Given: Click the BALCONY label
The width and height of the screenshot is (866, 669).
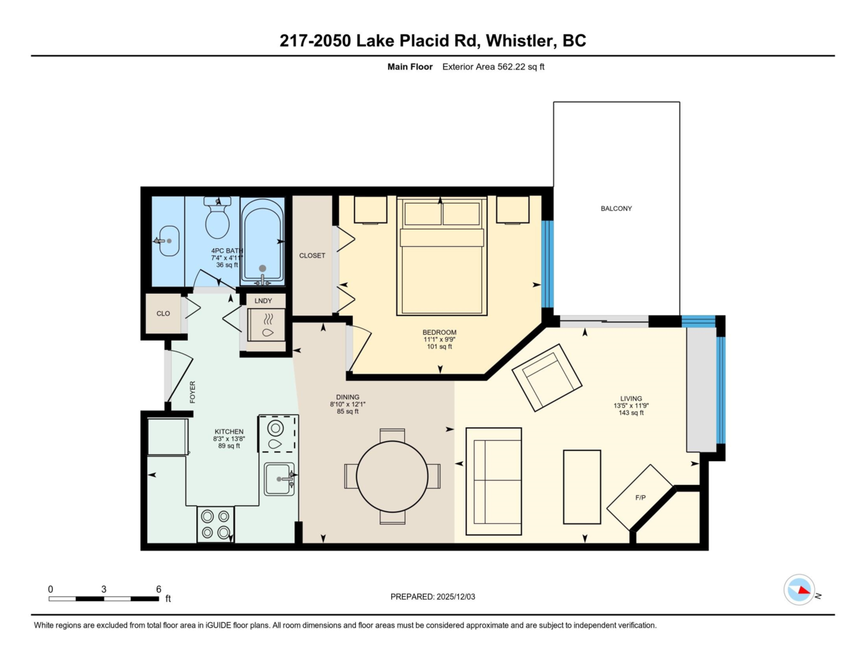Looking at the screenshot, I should point(616,209).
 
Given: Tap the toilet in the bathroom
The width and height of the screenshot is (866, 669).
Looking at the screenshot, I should point(216,220).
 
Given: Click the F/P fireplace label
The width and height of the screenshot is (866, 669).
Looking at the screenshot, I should point(639,498).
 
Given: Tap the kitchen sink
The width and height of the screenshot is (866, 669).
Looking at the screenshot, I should point(278,478).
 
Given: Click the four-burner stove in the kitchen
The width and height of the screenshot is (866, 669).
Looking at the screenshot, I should point(216,524).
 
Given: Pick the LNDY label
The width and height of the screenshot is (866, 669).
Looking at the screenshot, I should point(263,300).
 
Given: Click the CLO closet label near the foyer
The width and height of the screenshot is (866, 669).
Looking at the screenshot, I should point(163,314).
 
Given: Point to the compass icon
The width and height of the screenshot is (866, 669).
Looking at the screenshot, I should point(799,590).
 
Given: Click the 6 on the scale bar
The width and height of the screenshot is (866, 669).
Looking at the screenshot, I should point(158,589).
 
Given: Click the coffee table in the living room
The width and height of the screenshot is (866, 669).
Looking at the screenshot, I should point(582,486).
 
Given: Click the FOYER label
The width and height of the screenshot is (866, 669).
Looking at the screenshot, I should point(193,393).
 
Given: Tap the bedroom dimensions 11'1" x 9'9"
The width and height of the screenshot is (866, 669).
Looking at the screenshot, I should point(439,339).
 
